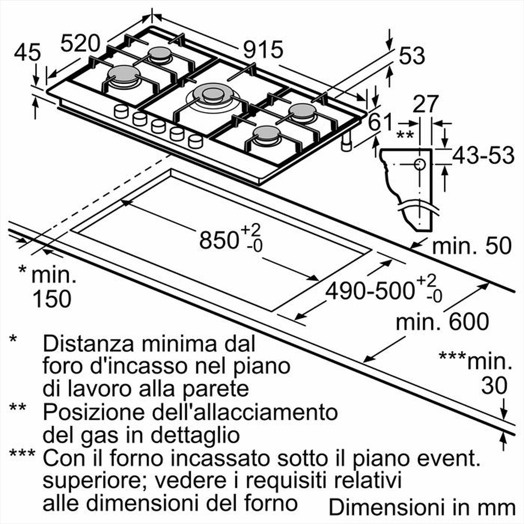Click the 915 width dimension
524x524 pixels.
(263, 50)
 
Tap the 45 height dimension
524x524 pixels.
(27, 52)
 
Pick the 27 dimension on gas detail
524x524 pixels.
(425, 104)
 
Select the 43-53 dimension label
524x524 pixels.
(483, 156)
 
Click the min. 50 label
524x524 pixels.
(471, 246)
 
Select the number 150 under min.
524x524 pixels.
(51, 299)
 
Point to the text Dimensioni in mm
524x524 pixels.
(422, 507)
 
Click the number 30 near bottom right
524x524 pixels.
(495, 386)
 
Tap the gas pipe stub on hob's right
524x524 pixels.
(346, 143)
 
